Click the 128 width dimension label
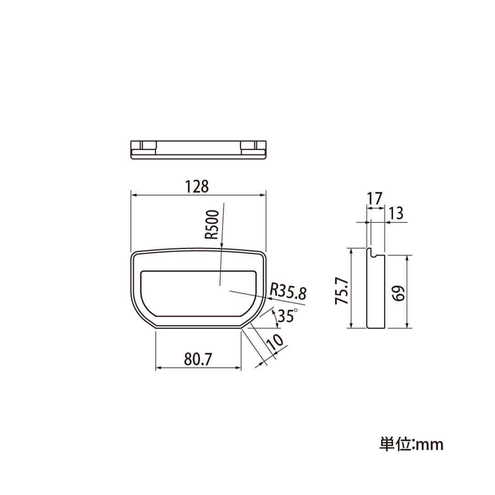click(x=197, y=187)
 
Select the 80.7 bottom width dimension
click(x=198, y=359)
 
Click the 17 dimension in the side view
click(x=374, y=198)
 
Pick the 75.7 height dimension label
click(x=342, y=290)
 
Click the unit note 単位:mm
click(x=411, y=444)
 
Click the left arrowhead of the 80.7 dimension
click(x=159, y=368)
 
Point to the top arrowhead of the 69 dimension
click(x=407, y=258)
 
